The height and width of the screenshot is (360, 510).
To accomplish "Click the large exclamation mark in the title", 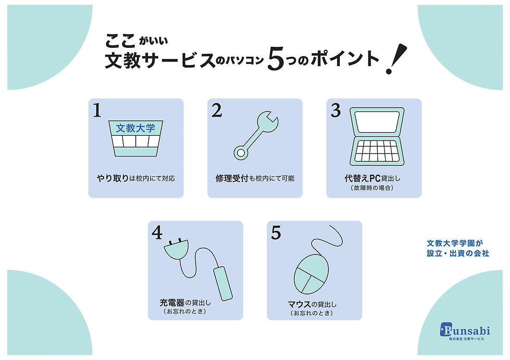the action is [396, 59].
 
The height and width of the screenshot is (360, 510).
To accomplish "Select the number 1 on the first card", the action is [97, 110].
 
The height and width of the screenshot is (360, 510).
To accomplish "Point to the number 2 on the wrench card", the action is [216, 110].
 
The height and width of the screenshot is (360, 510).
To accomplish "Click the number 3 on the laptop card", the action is [336, 110].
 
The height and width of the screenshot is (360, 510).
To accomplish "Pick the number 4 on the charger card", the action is [157, 233].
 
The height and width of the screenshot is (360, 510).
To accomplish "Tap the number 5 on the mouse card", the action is [276, 233].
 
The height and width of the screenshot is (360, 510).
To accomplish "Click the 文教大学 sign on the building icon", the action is [136, 128].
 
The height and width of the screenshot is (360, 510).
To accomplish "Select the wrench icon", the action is [256, 135].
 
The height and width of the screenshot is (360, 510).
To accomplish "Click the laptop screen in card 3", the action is [377, 122].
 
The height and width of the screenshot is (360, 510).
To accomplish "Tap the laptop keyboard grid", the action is [377, 151].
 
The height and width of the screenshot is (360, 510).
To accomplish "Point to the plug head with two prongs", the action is [176, 249].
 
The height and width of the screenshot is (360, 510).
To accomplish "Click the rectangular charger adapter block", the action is [223, 283].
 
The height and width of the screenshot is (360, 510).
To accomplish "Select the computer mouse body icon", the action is [311, 275].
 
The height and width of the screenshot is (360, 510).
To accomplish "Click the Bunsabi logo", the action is [465, 331].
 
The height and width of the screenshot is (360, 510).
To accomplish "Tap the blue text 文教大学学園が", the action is [455, 243].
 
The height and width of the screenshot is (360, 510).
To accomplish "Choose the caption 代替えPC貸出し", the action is [373, 178].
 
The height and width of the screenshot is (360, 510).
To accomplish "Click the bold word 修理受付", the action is [232, 178].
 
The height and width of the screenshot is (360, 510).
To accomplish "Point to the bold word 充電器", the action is [172, 303].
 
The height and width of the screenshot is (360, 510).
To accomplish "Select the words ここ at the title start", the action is [120, 41].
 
